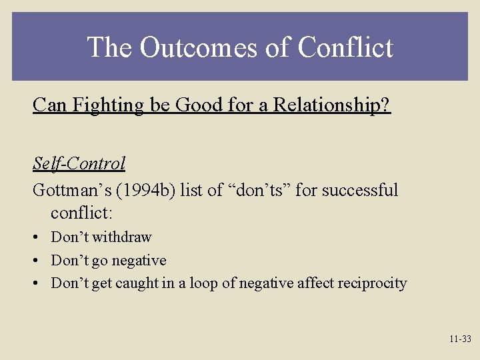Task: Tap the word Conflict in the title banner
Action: click(x=345, y=47)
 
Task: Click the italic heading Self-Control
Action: click(x=79, y=163)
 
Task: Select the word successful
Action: click(x=359, y=190)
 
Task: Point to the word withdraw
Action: click(x=122, y=237)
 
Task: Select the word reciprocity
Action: click(x=372, y=283)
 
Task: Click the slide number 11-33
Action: click(x=459, y=339)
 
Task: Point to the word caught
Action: click(x=133, y=283)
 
